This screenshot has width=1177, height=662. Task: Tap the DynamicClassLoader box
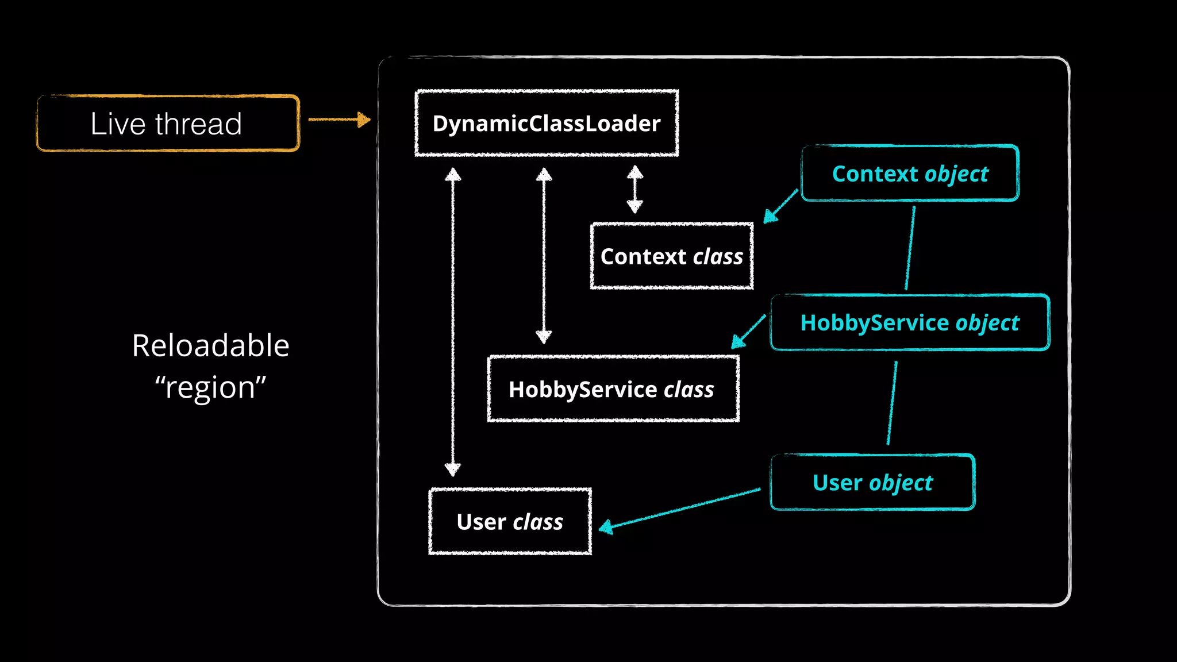click(x=547, y=123)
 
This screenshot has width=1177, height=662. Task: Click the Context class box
click(x=671, y=256)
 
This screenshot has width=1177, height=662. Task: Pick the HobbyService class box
click(x=613, y=389)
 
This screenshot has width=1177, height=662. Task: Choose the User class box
click(x=510, y=521)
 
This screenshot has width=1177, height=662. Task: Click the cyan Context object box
click(x=910, y=173)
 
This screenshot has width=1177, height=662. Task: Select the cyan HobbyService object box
click(x=910, y=322)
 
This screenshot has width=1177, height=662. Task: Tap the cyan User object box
click(x=872, y=482)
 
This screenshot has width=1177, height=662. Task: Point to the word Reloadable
click(x=210, y=345)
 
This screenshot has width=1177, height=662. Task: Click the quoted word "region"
click(x=210, y=387)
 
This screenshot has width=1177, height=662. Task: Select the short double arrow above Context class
click(x=634, y=189)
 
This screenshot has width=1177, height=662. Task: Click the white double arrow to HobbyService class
click(x=544, y=255)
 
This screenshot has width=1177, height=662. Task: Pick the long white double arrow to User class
click(x=453, y=322)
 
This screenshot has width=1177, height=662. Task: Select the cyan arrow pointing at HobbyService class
click(x=748, y=332)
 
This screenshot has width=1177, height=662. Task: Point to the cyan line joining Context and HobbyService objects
click(x=910, y=248)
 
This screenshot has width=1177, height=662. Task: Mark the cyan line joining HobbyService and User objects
click(x=892, y=403)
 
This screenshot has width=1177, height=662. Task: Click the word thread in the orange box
click(x=198, y=124)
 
